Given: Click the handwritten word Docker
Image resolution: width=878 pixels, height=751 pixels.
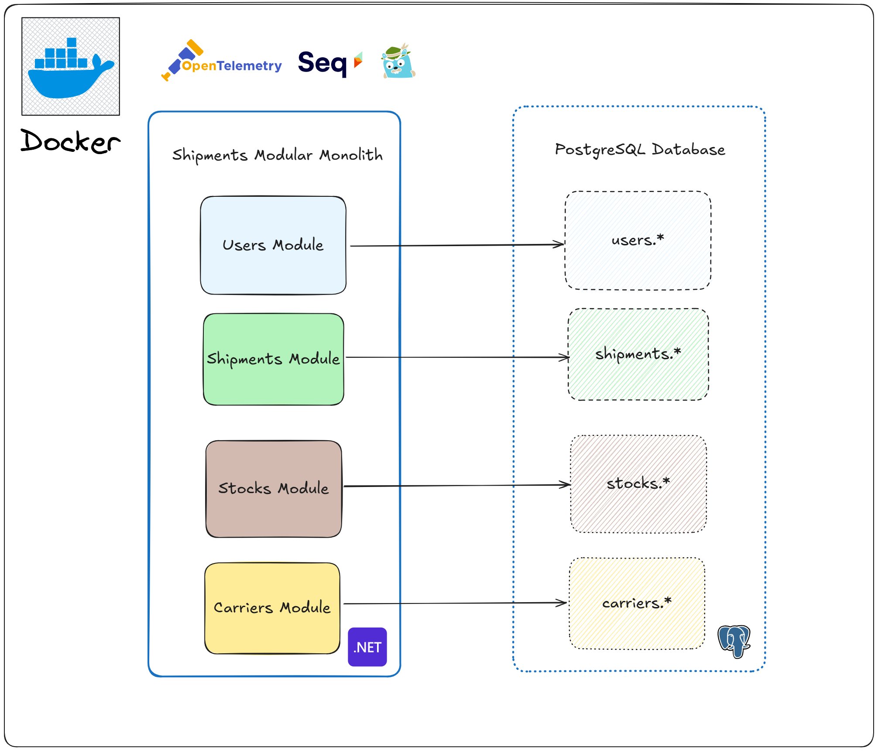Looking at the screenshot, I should tap(70, 141).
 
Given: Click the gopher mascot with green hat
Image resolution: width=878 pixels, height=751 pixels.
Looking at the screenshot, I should tap(398, 62).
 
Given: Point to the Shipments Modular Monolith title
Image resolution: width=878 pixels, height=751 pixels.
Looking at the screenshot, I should tap(278, 155).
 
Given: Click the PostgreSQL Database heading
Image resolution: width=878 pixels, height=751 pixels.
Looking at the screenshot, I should tap(640, 150).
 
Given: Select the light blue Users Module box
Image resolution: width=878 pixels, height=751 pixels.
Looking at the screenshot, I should tap(273, 245).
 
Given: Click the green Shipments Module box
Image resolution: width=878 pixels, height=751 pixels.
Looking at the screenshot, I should tap(274, 359).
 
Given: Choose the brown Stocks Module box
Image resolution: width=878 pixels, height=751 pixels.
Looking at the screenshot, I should tap(274, 488).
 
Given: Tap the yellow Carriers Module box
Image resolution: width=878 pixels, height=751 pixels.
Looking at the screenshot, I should tap(272, 607).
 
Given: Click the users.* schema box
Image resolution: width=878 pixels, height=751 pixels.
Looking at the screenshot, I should tap(638, 240).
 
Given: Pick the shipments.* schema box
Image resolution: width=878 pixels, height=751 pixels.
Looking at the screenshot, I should tap(638, 354).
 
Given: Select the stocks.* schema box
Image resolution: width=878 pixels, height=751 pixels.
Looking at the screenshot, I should tap(638, 484).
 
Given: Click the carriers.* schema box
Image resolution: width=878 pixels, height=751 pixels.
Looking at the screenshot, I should tap(637, 603).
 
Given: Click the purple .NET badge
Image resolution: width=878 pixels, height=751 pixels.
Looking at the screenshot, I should tap(367, 647).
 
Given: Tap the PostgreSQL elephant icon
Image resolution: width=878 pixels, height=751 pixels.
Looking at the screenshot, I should tap(734, 641).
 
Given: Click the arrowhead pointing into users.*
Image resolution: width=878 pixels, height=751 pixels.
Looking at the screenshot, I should tap(559, 244).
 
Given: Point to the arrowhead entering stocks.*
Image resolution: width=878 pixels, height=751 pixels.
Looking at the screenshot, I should tap(565, 484).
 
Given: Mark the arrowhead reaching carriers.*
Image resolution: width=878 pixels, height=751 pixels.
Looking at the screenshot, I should tap(562, 603).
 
